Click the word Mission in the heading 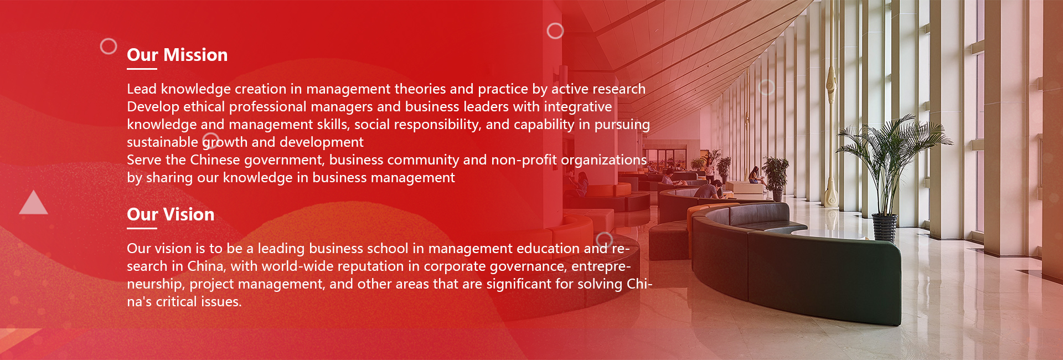point(195,55)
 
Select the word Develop point(153,107)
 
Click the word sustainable point(162,142)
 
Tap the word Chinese point(215,160)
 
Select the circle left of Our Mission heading point(109,46)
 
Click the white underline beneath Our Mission point(142,69)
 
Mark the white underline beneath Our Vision point(142,228)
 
